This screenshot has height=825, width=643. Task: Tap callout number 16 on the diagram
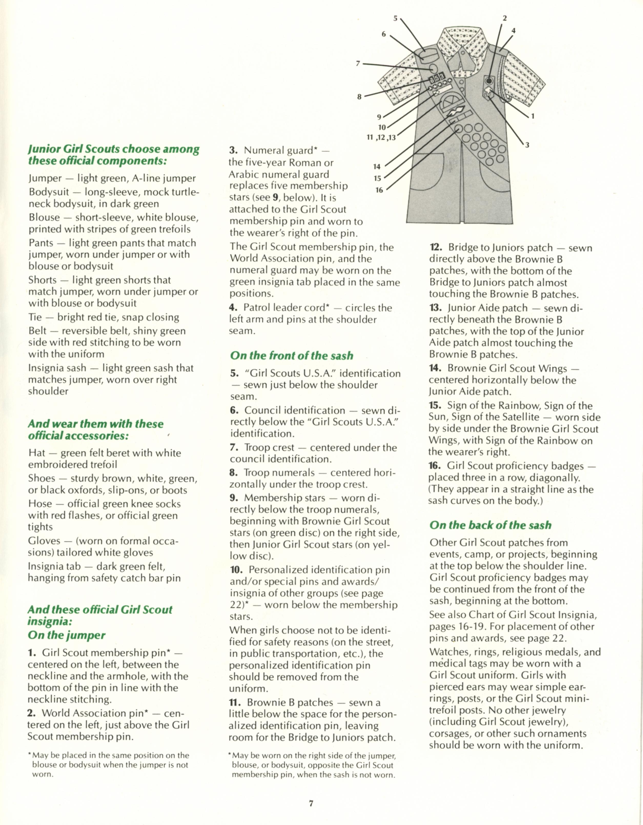pyautogui.click(x=379, y=190)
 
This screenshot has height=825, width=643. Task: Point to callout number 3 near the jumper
pyautogui.click(x=527, y=145)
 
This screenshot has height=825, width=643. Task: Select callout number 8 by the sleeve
pyautogui.click(x=360, y=97)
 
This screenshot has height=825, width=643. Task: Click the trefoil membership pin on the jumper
pyautogui.click(x=488, y=91)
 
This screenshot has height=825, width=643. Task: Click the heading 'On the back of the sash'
pyautogui.click(x=490, y=525)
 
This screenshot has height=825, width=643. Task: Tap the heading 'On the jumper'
pyautogui.click(x=66, y=635)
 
